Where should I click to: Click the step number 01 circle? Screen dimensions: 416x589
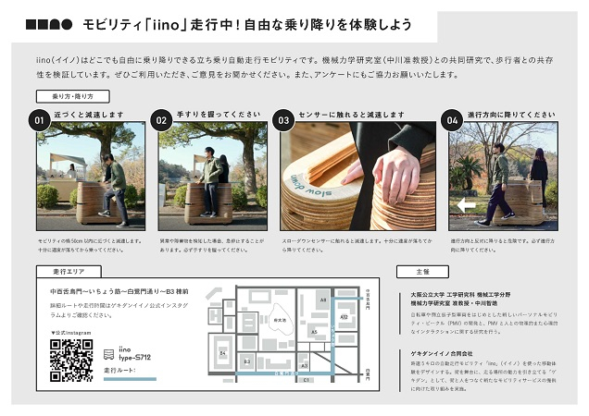click(x=39, y=120)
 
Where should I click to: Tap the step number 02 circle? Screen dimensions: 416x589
click(x=161, y=120)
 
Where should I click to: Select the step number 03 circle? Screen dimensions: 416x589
click(x=284, y=120)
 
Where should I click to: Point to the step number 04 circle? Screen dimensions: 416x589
click(x=453, y=120)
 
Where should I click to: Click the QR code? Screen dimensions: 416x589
click(x=70, y=360)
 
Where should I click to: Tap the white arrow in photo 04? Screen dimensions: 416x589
click(x=466, y=205)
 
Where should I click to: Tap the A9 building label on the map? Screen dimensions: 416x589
click(x=322, y=300)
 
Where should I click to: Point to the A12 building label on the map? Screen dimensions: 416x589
click(x=344, y=316)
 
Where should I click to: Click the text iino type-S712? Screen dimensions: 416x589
click(x=133, y=353)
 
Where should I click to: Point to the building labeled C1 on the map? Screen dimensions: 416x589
click(x=307, y=379)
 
